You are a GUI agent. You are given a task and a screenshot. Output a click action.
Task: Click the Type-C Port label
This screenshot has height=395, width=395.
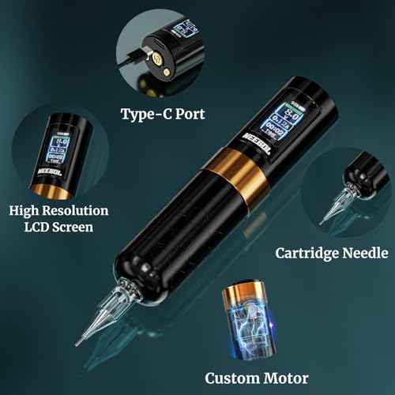coord(163,114)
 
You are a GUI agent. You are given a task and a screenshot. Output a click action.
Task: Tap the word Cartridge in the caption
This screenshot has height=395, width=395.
coord(303,254)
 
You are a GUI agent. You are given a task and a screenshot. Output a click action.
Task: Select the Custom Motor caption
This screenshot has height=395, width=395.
coord(257,378)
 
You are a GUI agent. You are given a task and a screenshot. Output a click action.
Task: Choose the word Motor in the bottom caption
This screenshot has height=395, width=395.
coord(284,378)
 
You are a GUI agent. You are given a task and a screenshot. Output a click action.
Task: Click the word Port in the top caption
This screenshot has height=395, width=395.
coord(188,114)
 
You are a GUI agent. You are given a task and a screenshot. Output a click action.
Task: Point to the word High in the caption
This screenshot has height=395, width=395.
coord(29,211)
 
